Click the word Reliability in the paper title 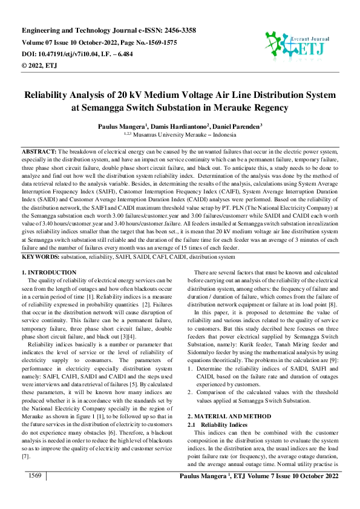[x=52, y=95]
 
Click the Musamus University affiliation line [x=179, y=136]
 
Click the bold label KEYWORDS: [x=39, y=257]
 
